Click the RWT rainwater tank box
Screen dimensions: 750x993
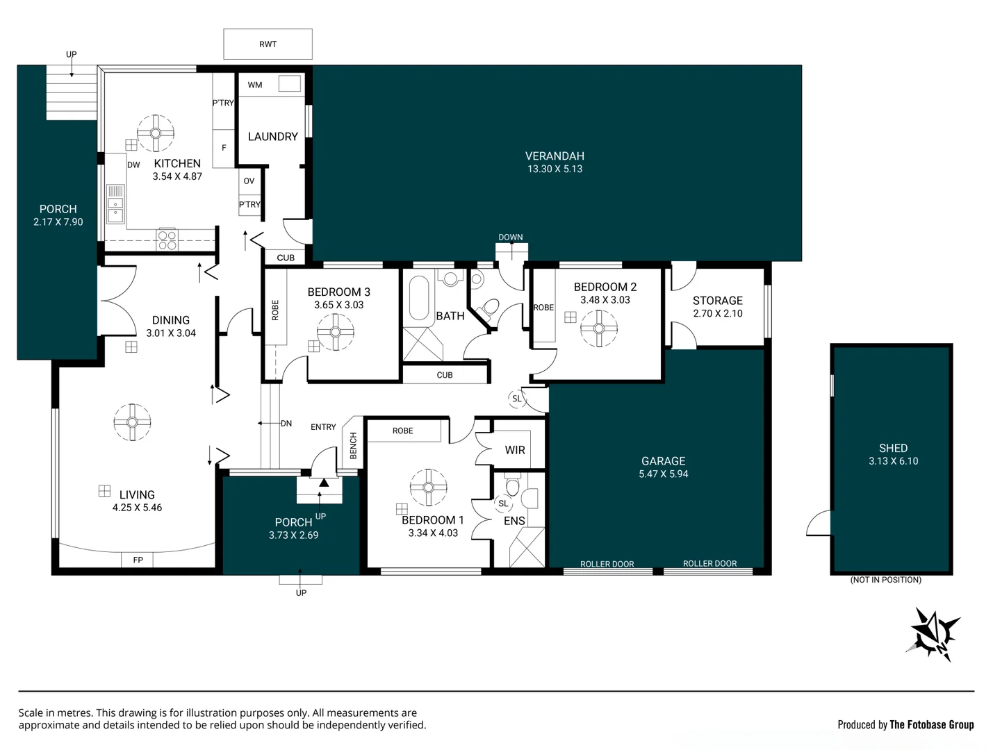click(268, 44)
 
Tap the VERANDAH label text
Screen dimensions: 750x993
click(555, 156)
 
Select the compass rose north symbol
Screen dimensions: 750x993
click(934, 633)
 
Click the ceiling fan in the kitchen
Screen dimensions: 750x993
click(156, 133)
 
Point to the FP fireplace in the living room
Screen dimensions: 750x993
click(138, 560)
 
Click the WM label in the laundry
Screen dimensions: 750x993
click(255, 85)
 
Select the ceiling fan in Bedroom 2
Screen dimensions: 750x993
click(598, 328)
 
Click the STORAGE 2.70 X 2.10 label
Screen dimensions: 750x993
click(717, 306)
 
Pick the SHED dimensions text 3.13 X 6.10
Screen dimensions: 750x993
click(893, 461)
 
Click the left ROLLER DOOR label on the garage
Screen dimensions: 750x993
click(607, 564)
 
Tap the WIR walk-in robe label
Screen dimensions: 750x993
click(515, 450)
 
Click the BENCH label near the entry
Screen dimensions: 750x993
click(353, 445)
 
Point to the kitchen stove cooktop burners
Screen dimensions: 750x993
click(167, 240)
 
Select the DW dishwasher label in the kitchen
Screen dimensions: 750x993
click(133, 165)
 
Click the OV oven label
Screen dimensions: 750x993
click(249, 181)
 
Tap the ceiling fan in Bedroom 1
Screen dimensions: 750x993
click(428, 487)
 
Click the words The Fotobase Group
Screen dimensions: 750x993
click(931, 724)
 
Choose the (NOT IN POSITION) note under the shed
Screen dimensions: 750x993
click(885, 579)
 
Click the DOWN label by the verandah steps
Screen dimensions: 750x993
click(510, 237)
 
